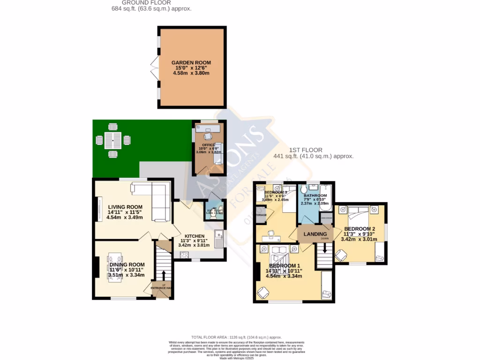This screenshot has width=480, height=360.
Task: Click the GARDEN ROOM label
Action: pyautogui.click(x=191, y=62)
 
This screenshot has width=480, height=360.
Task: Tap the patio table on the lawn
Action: pyautogui.click(x=113, y=140)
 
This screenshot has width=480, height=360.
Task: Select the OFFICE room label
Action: pyautogui.click(x=209, y=145)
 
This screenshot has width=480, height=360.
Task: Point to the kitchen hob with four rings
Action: pyautogui.click(x=183, y=255)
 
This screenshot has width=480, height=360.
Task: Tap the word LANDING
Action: pyautogui.click(x=315, y=234)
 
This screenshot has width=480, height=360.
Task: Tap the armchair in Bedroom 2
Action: pyautogui.click(x=341, y=255)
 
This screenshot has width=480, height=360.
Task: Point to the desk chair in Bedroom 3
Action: pyautogui.click(x=271, y=232)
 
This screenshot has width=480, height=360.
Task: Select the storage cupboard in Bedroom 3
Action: pyautogui.click(x=261, y=216)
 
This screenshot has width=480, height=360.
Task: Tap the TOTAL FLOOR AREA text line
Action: pyautogui.click(x=237, y=337)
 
